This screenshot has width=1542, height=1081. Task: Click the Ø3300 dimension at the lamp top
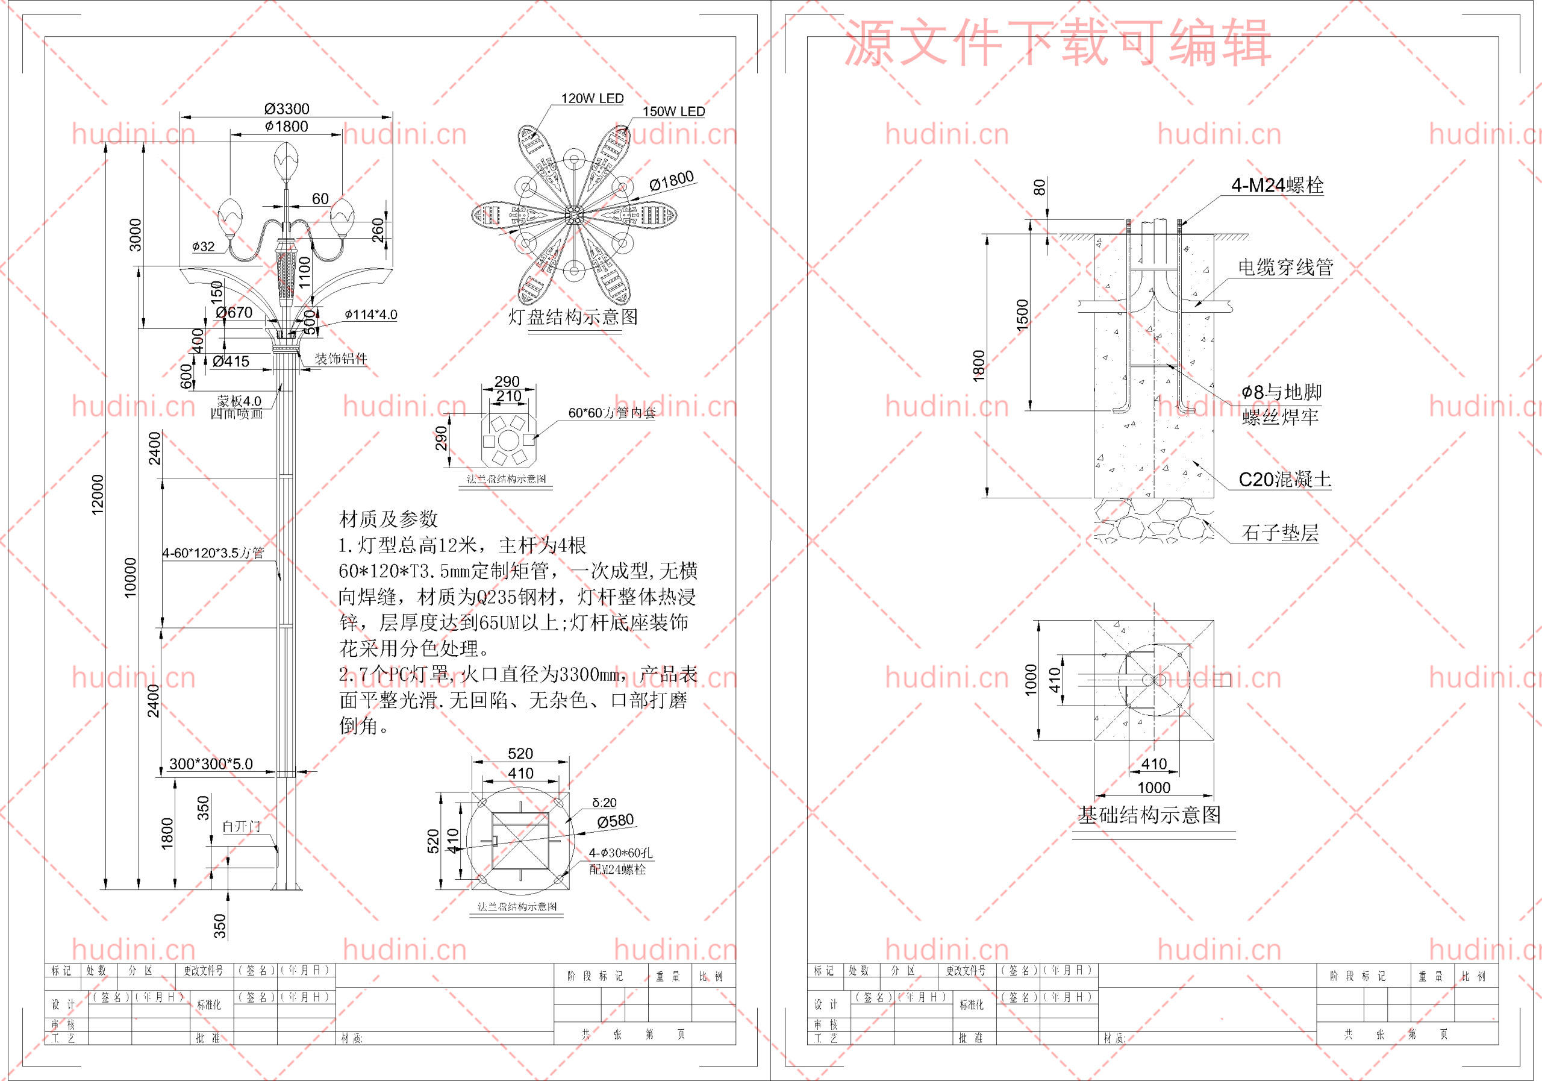pos(287,109)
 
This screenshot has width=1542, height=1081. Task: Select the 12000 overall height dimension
pos(98,495)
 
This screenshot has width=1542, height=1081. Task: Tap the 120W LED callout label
pos(592,99)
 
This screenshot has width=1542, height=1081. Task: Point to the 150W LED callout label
pos(673,111)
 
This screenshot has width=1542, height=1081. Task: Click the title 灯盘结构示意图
pos(573,316)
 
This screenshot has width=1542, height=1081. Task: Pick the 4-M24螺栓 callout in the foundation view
pos(1277,186)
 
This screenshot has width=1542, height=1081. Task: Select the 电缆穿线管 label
pos(1285,268)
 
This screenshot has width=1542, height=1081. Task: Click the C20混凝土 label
pos(1284,480)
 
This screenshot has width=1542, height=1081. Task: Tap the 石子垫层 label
pos(1280,533)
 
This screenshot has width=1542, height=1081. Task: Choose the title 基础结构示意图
pos(1149,815)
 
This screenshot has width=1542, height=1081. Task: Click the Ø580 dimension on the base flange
pos(615,820)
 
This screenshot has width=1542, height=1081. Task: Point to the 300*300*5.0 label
pos(211,764)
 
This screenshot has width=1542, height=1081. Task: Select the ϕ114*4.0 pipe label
pos(370,315)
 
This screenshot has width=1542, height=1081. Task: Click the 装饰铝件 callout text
pos(341,359)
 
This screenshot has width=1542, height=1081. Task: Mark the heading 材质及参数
pos(388,519)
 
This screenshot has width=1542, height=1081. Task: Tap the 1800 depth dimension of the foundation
pos(979,366)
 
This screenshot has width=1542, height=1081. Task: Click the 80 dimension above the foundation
pos(1040,187)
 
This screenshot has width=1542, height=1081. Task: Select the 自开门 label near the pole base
pos(241,826)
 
